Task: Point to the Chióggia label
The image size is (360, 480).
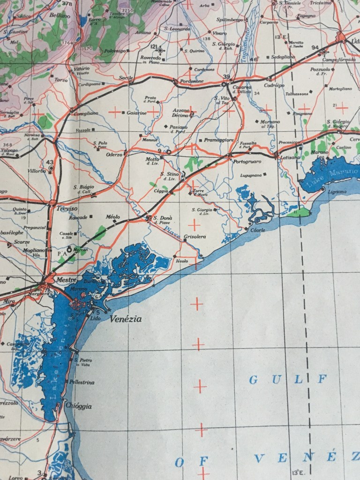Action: click(x=79, y=406)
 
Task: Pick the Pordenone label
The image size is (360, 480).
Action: click(x=189, y=81)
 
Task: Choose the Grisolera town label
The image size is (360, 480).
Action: click(x=195, y=237)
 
